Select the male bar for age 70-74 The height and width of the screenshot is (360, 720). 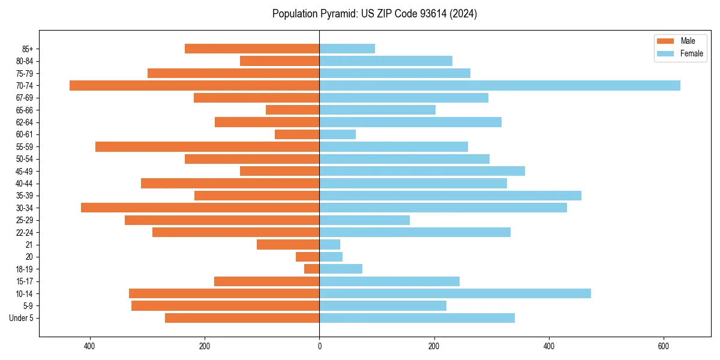[x=194, y=85]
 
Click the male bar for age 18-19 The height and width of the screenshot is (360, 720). [x=312, y=269]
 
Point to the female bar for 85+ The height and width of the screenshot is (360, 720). [x=347, y=49]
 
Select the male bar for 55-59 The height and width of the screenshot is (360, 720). [x=207, y=146]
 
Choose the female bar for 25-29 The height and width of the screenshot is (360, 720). [x=364, y=220]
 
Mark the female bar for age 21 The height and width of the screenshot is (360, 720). [x=329, y=244]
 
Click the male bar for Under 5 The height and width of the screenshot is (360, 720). [x=242, y=318]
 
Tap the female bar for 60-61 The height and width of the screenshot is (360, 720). [x=337, y=134]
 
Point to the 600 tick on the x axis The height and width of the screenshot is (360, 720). [x=663, y=346]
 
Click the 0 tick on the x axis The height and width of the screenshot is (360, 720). [x=319, y=346]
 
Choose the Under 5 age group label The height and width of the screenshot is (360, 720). [x=22, y=318]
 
